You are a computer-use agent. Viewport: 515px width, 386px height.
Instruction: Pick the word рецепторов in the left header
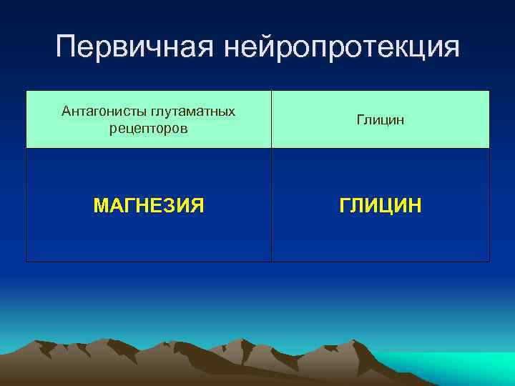(149, 129)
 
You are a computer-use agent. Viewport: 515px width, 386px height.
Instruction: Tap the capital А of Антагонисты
(67, 112)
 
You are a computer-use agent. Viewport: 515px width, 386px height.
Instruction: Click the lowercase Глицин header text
(381, 120)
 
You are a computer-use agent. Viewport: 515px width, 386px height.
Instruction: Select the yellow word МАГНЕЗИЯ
(149, 207)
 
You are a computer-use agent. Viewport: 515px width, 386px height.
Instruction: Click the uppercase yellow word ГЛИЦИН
(381, 207)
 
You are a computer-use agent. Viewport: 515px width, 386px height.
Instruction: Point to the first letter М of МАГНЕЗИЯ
(101, 207)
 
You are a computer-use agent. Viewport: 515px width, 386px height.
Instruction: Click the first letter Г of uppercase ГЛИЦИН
(345, 207)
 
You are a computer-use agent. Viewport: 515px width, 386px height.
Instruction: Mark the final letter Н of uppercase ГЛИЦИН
(416, 207)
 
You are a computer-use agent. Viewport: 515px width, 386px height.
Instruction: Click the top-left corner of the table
(26, 91)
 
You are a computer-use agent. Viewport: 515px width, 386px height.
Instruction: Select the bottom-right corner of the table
(490, 262)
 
